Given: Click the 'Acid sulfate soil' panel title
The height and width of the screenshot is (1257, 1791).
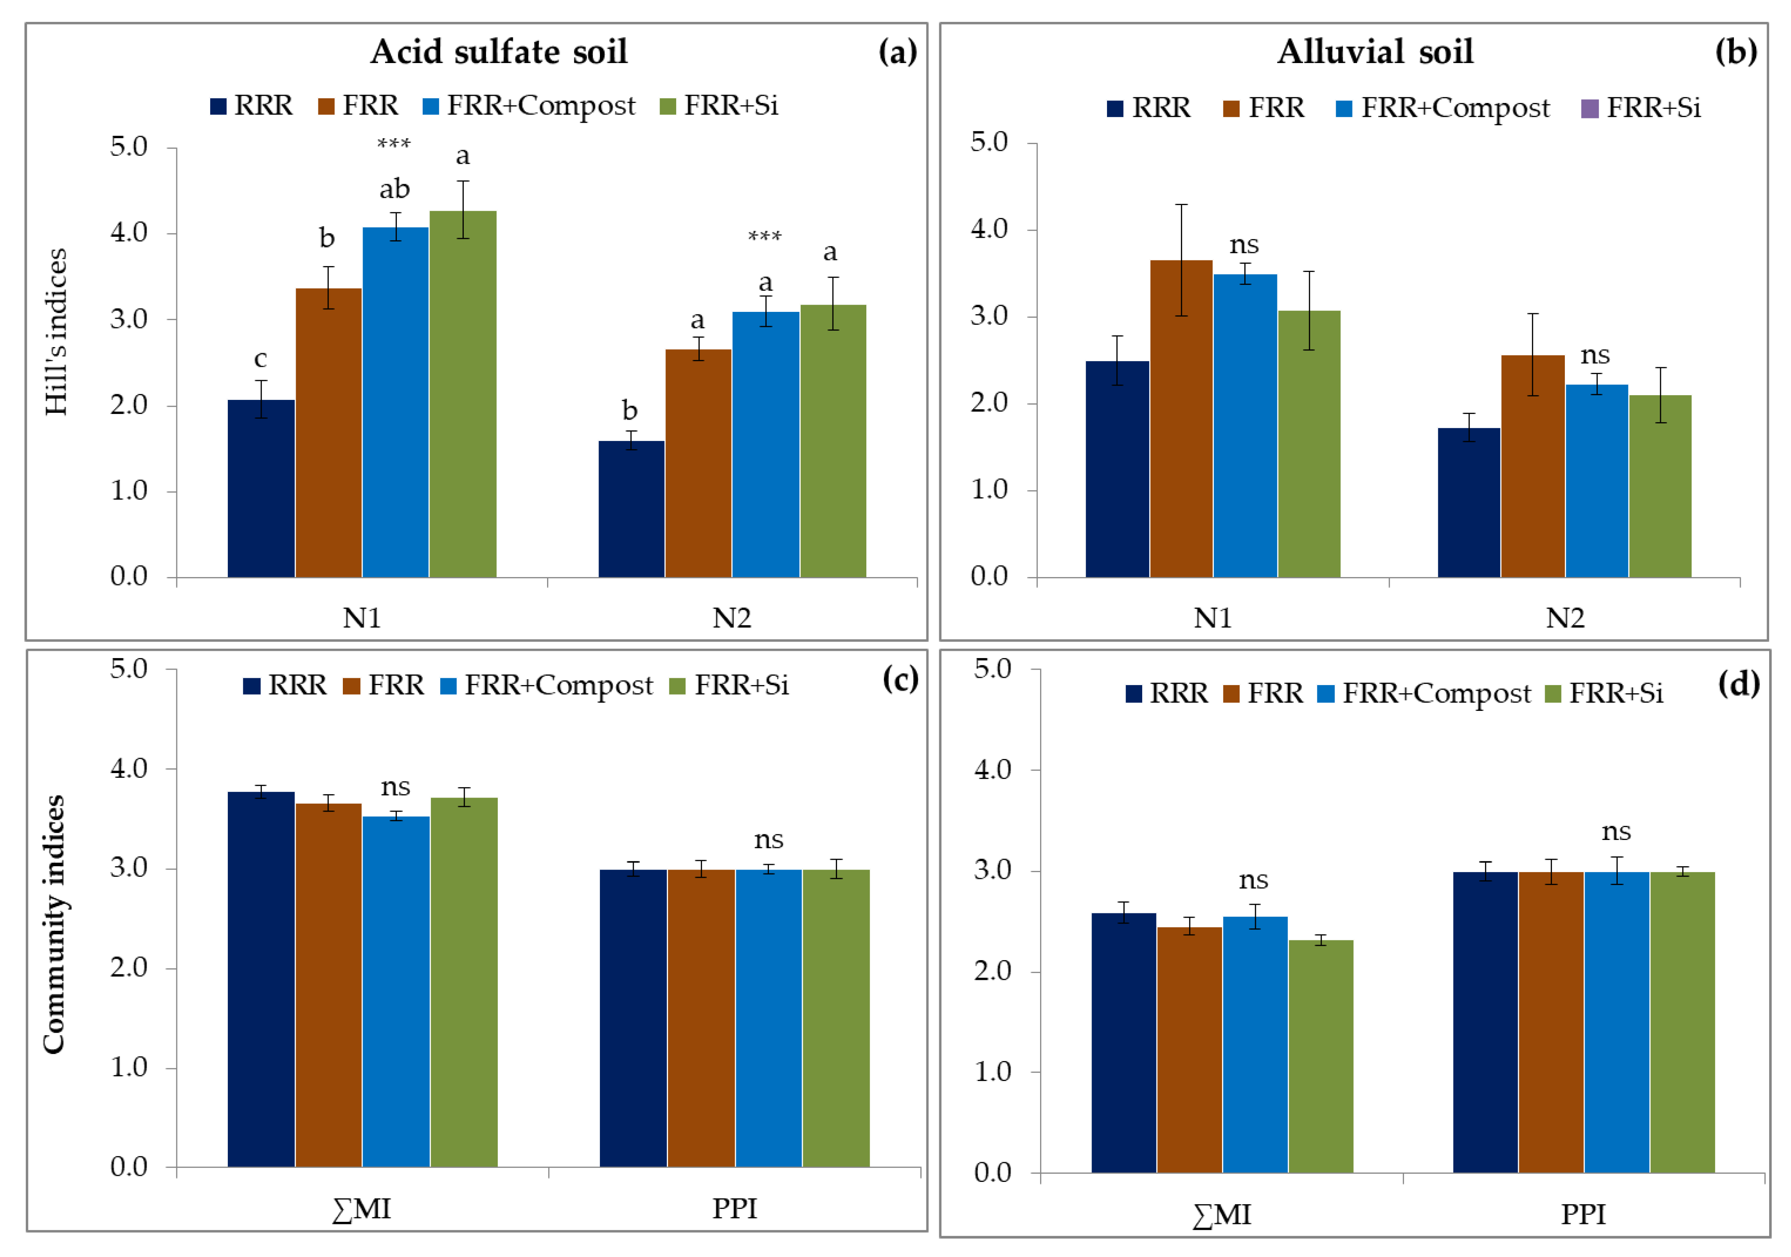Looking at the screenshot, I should (x=499, y=52).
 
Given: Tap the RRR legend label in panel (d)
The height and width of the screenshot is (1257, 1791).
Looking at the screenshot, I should (x=1178, y=693).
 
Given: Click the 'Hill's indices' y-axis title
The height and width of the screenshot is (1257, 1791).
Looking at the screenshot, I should (x=56, y=331).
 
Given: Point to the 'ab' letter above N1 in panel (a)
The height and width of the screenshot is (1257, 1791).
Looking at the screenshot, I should (x=395, y=190).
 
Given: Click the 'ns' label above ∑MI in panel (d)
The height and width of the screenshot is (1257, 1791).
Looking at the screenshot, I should (x=1253, y=880).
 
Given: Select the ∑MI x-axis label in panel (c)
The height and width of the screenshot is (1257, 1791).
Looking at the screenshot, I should (x=361, y=1209).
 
